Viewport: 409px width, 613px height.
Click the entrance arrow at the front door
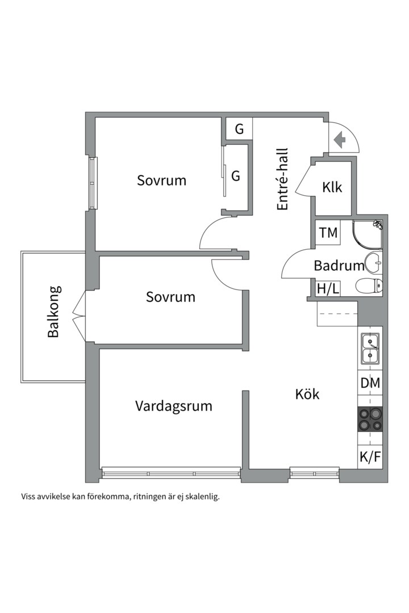pos(340,140)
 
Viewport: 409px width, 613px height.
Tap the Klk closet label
pos(332,188)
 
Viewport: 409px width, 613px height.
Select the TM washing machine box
pos(328,233)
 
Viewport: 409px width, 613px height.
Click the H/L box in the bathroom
pos(328,289)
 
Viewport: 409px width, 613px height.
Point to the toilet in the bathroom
pos(369,286)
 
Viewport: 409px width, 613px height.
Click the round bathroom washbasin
pos(373,262)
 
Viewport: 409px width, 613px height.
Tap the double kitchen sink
pos(370,349)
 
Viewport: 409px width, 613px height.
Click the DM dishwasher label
pos(370,383)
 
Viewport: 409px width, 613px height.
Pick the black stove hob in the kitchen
pos(370,419)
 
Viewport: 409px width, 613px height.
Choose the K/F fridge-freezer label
pos(370,456)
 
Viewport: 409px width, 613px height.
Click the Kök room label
pos(307,394)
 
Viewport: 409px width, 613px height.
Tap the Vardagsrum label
pos(174,406)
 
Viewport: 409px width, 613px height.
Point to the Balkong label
pos(53,312)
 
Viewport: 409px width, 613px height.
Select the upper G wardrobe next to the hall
pos(239,129)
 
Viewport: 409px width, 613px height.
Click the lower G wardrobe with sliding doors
pos(235,177)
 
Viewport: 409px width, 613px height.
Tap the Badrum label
pos(339,266)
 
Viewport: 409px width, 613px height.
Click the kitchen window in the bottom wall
pos(314,473)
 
